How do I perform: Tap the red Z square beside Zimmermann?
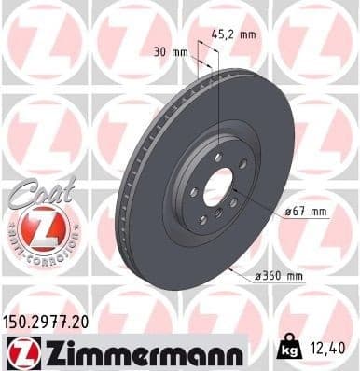(x=19, y=352)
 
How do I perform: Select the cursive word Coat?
(x=37, y=189)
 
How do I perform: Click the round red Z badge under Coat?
(x=40, y=227)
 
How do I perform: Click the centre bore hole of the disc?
(x=216, y=185)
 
